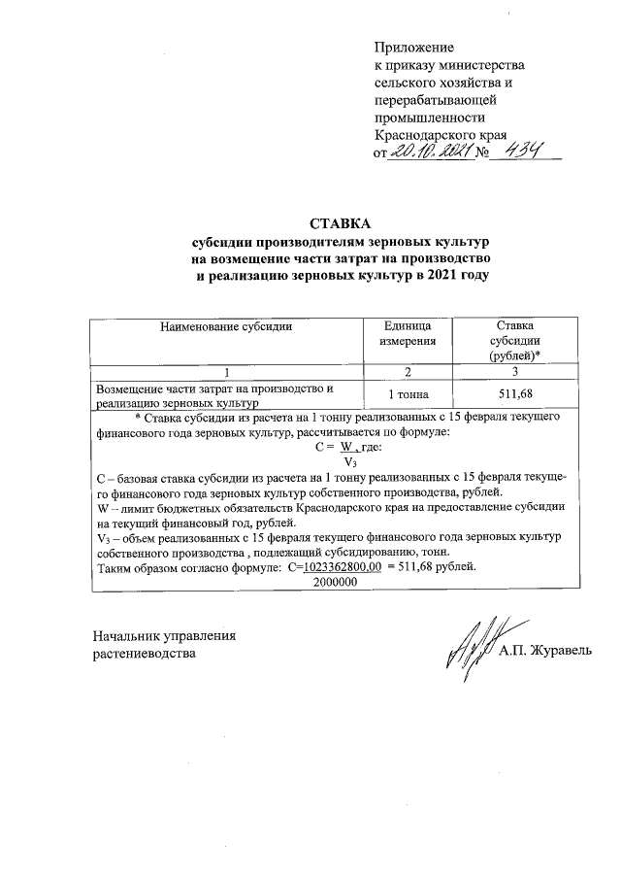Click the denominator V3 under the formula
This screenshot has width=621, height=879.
[349, 462]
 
